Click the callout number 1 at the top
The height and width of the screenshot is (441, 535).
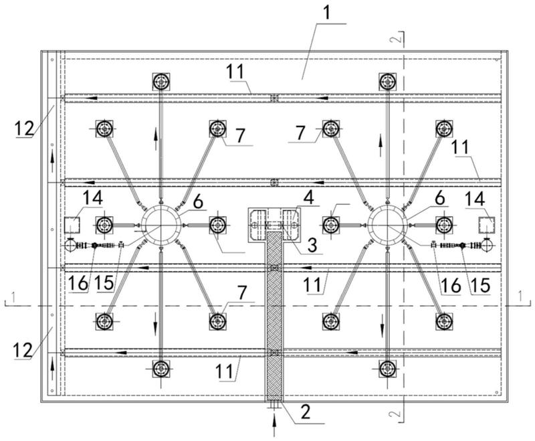pyautogui.click(x=326, y=13)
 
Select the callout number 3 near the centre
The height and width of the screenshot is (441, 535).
pyautogui.click(x=312, y=245)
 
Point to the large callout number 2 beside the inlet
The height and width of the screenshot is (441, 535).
pyautogui.click(x=305, y=412)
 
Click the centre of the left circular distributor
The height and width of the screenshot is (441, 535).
pyautogui.click(x=160, y=226)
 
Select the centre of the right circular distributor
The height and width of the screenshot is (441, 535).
pyautogui.click(x=388, y=226)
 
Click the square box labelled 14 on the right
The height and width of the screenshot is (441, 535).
pyautogui.click(x=487, y=226)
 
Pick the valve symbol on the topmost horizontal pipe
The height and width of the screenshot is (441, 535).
pyautogui.click(x=274, y=98)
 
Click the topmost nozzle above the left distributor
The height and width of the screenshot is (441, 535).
pyautogui.click(x=161, y=82)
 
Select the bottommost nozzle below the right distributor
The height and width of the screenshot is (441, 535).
pyautogui.click(x=388, y=369)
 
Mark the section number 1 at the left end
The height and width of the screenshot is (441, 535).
pyautogui.click(x=13, y=296)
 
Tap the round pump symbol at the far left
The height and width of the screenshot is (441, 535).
pyautogui.click(x=70, y=246)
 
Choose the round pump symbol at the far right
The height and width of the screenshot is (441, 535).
pyautogui.click(x=487, y=246)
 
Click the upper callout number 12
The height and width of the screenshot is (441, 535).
pyautogui.click(x=24, y=128)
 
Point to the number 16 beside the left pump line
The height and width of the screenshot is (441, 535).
pyautogui.click(x=78, y=283)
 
